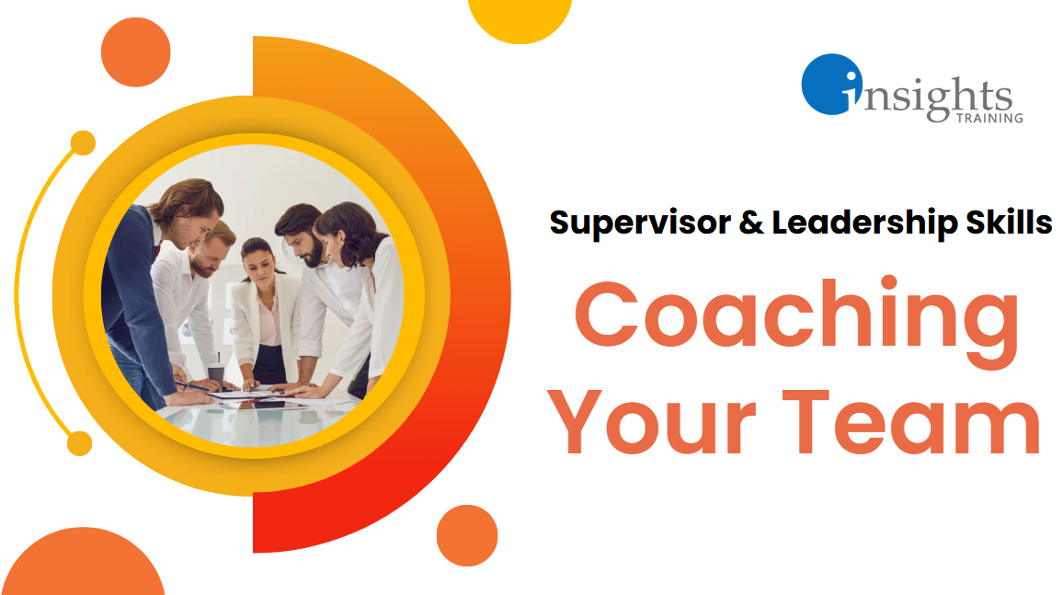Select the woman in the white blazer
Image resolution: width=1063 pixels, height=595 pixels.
pyautogui.click(x=261, y=313)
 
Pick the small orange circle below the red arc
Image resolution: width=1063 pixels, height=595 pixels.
pyautogui.click(x=467, y=535)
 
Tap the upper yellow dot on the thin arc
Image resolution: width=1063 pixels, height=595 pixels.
pyautogui.click(x=83, y=143)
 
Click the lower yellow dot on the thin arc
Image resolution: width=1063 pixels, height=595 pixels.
pyautogui.click(x=81, y=443)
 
